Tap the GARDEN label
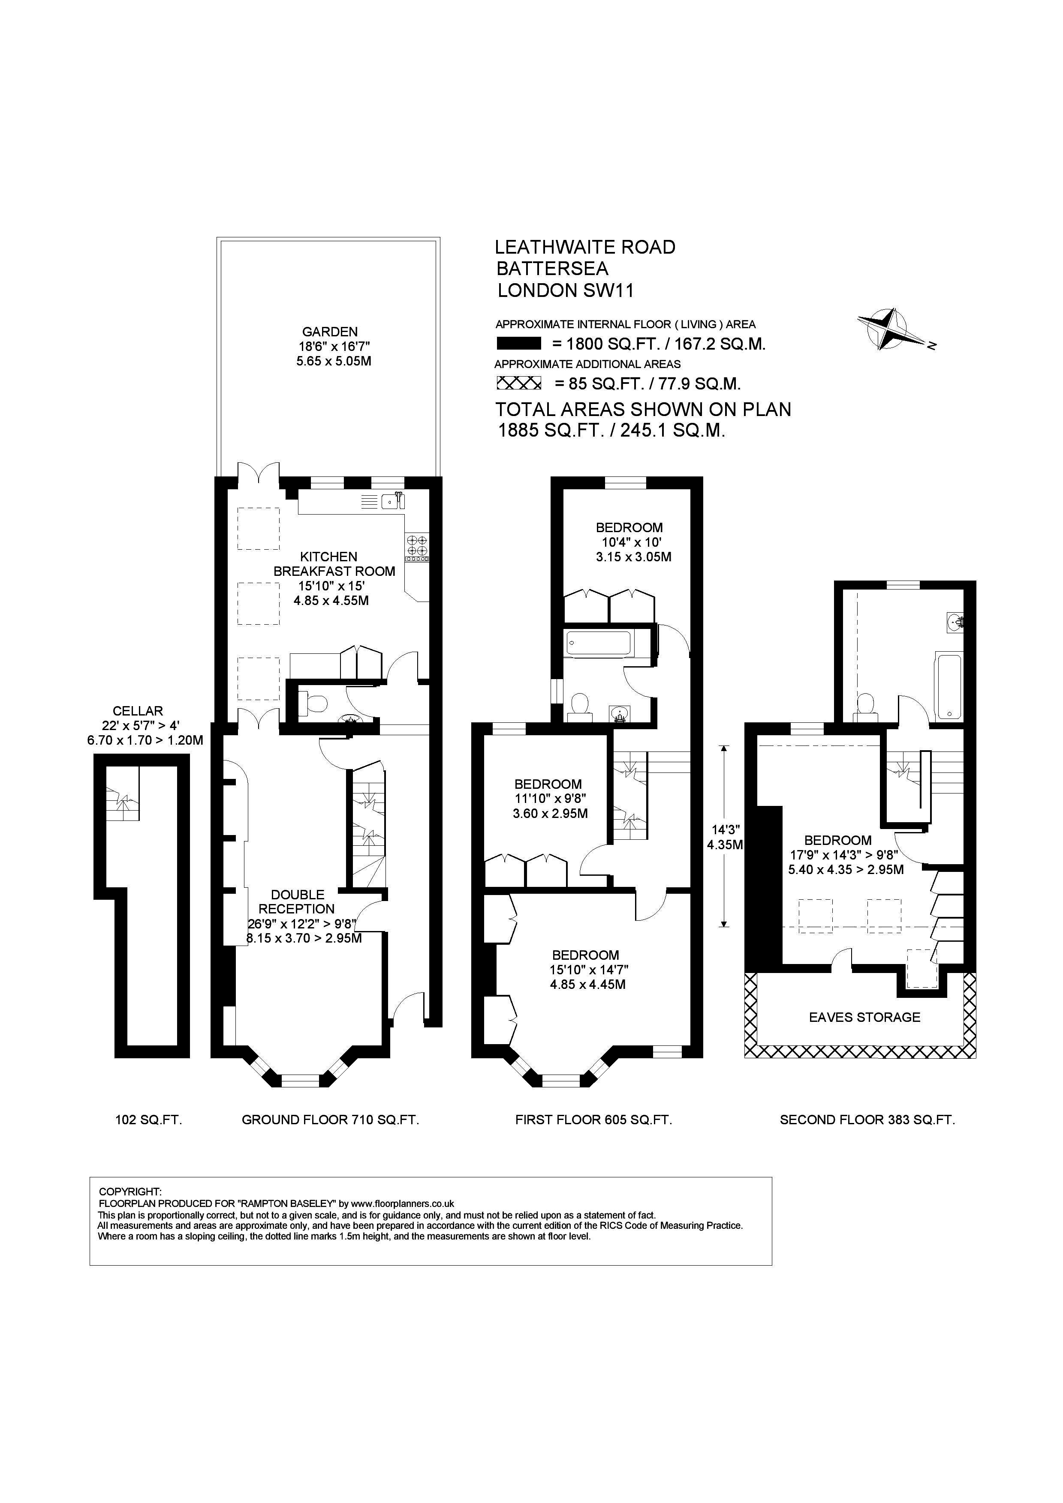click(330, 332)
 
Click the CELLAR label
click(138, 711)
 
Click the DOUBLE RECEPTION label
click(297, 901)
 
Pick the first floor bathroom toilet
click(579, 707)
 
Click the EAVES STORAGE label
click(864, 1017)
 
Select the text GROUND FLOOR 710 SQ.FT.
click(330, 1120)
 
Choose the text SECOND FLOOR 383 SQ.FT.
click(867, 1120)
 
